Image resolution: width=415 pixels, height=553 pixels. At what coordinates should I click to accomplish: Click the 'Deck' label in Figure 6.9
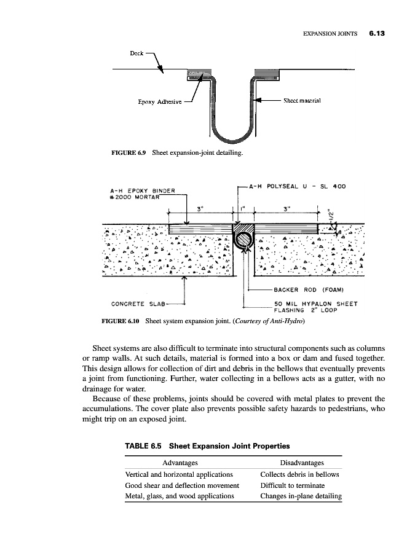tap(136, 53)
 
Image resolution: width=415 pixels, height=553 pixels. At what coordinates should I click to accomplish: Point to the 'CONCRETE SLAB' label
tap(135, 303)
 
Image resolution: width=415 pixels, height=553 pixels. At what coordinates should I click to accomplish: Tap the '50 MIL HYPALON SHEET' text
tap(316, 303)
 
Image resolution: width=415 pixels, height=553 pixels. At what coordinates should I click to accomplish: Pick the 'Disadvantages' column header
tap(301, 462)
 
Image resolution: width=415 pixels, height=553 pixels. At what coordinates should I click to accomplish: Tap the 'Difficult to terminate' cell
tap(292, 485)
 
